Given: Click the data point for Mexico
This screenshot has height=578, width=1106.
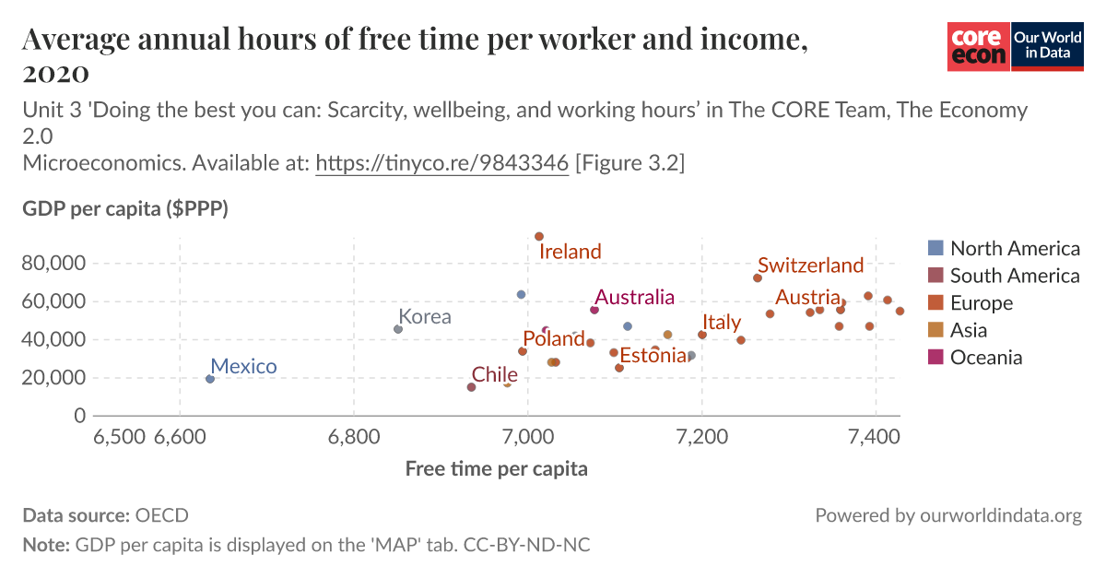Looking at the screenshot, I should pyautogui.click(x=210, y=379).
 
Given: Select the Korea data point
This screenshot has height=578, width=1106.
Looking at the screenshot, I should pyautogui.click(x=398, y=329).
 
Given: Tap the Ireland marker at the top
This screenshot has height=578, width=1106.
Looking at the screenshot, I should pyautogui.click(x=539, y=237).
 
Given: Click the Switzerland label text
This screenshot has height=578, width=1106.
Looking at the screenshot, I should pyautogui.click(x=810, y=265).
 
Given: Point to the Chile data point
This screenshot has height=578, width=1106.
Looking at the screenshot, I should pyautogui.click(x=471, y=387).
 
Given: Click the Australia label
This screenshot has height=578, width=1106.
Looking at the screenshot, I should pyautogui.click(x=634, y=297).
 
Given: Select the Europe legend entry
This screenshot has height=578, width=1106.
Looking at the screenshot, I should pyautogui.click(x=981, y=303).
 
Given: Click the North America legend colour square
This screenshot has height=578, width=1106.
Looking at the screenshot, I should pyautogui.click(x=935, y=248).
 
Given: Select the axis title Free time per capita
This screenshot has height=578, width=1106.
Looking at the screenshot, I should pyautogui.click(x=496, y=468).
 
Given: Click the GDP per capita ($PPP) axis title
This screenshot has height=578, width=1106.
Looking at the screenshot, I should pyautogui.click(x=125, y=208).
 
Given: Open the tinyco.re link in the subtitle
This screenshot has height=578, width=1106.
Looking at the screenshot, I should pyautogui.click(x=441, y=163).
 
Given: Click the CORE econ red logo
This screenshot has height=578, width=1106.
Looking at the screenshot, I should pyautogui.click(x=978, y=46).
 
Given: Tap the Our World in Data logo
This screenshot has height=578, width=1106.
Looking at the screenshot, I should pyautogui.click(x=1046, y=46).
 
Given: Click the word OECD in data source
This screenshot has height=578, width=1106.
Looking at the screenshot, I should pyautogui.click(x=161, y=515).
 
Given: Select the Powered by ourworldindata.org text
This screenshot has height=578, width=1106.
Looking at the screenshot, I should pyautogui.click(x=947, y=515).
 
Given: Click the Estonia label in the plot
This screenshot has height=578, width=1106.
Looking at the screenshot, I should pyautogui.click(x=653, y=356).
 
